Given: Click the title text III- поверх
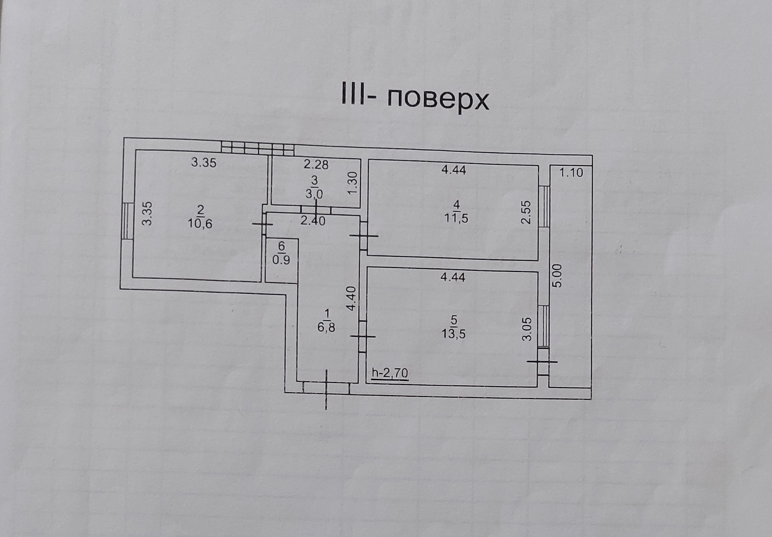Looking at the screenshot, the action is [415, 99].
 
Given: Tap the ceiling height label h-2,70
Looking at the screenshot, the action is [390, 373].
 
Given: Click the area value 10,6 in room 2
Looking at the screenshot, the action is [200, 223].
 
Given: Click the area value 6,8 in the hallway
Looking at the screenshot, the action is [326, 328].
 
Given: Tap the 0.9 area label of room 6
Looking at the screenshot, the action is [281, 260].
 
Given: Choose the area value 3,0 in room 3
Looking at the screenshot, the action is [314, 194].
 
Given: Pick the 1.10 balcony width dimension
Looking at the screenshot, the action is [571, 173].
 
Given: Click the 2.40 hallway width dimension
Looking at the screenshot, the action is [313, 221].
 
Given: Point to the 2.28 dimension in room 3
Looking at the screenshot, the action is [316, 164].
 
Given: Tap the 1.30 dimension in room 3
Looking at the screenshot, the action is [353, 183].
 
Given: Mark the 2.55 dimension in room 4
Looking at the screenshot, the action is [526, 213].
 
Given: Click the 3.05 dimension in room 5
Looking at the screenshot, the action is [528, 329].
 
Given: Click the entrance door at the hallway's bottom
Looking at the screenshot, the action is [326, 388].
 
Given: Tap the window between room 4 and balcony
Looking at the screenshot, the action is [544, 207].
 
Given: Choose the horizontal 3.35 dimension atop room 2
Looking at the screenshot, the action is [204, 163].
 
